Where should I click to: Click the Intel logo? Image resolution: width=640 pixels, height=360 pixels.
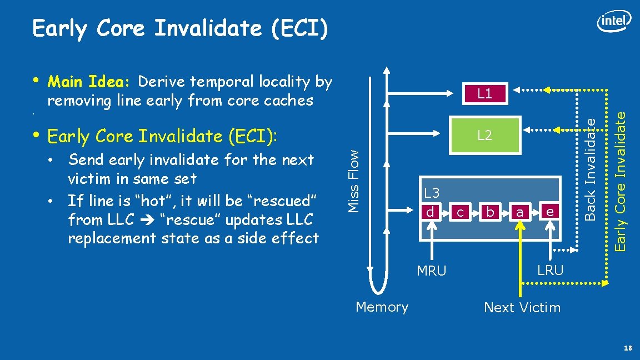pyautogui.click(x=614, y=22)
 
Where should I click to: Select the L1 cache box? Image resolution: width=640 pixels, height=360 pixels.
pyautogui.click(x=484, y=93)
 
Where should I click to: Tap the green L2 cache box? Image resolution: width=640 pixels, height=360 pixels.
pyautogui.click(x=484, y=135)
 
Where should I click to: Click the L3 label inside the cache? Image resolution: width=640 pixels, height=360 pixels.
pyautogui.click(x=432, y=193)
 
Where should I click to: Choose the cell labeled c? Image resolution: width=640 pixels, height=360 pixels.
pyautogui.click(x=460, y=212)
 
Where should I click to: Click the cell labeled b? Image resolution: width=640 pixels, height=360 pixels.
pyautogui.click(x=490, y=212)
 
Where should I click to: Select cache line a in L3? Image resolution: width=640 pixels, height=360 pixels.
pyautogui.click(x=520, y=212)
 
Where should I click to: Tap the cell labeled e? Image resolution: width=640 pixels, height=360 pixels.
pyautogui.click(x=549, y=212)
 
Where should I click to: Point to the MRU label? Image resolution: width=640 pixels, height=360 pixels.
pyautogui.click(x=432, y=271)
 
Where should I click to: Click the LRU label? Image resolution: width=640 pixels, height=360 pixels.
pyautogui.click(x=550, y=271)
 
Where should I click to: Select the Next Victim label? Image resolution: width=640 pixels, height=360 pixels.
pyautogui.click(x=522, y=307)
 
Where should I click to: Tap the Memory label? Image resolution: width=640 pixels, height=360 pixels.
pyautogui.click(x=382, y=307)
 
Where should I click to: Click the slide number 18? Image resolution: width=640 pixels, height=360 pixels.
pyautogui.click(x=628, y=348)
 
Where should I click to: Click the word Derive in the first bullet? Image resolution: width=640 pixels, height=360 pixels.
pyautogui.click(x=162, y=82)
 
